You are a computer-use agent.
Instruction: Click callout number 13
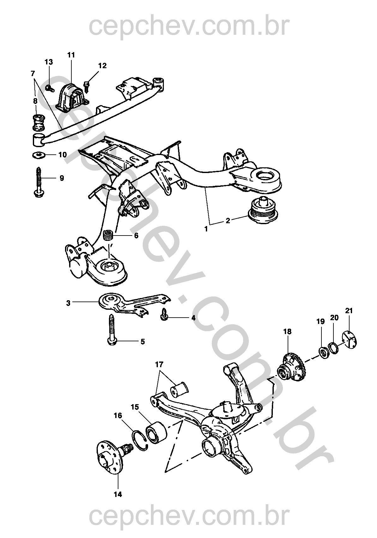coord(49,62)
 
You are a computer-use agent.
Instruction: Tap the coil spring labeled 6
coord(109,236)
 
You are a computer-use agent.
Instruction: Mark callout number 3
coord(68,303)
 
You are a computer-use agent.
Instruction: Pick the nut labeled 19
coord(323,352)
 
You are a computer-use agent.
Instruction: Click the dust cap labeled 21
coord(350,339)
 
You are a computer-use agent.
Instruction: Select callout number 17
coord(159,364)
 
